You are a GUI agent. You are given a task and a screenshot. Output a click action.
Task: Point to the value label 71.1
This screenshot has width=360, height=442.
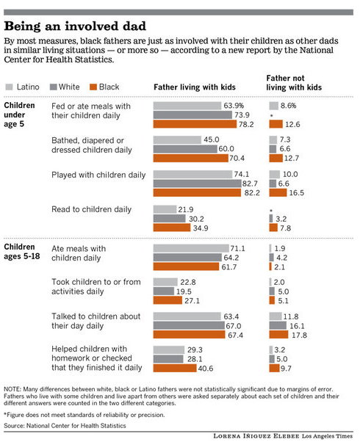coord(239,250)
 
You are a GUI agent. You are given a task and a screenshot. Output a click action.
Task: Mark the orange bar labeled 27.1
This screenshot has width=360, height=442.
coord(176,300)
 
